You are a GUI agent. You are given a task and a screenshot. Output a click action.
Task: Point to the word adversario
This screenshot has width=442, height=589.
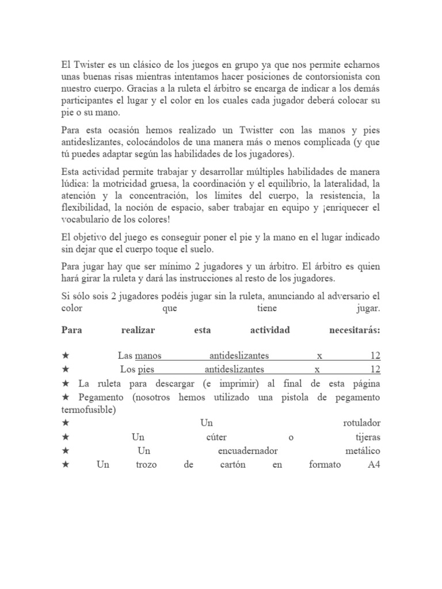click(x=342, y=296)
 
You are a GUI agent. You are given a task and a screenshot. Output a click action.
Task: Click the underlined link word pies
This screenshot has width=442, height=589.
click(x=147, y=369)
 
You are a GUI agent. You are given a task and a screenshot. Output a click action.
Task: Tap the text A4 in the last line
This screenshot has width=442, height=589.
click(x=374, y=465)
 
